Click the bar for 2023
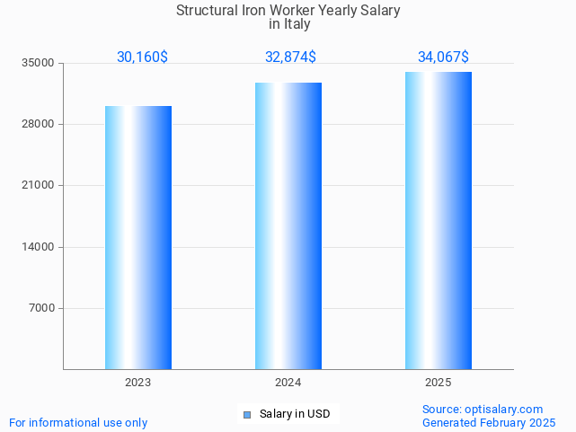tap(137, 237)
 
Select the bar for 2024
tap(288, 225)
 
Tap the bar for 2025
tap(438, 220)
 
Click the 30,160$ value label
tap(142, 57)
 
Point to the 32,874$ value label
tap(290, 57)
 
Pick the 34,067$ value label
tap(443, 57)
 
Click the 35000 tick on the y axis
tap(39, 63)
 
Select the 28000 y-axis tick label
tap(39, 124)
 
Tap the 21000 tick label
tap(39, 186)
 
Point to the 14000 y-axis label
tap(39, 247)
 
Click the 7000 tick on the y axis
tap(41, 308)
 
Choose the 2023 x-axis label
tap(137, 383)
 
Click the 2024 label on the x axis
tap(288, 383)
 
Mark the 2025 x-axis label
tap(438, 383)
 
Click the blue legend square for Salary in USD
tap(247, 414)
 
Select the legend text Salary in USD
tap(295, 414)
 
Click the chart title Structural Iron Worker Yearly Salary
tap(288, 11)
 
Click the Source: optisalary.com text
tap(483, 409)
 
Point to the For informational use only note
tap(78, 422)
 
